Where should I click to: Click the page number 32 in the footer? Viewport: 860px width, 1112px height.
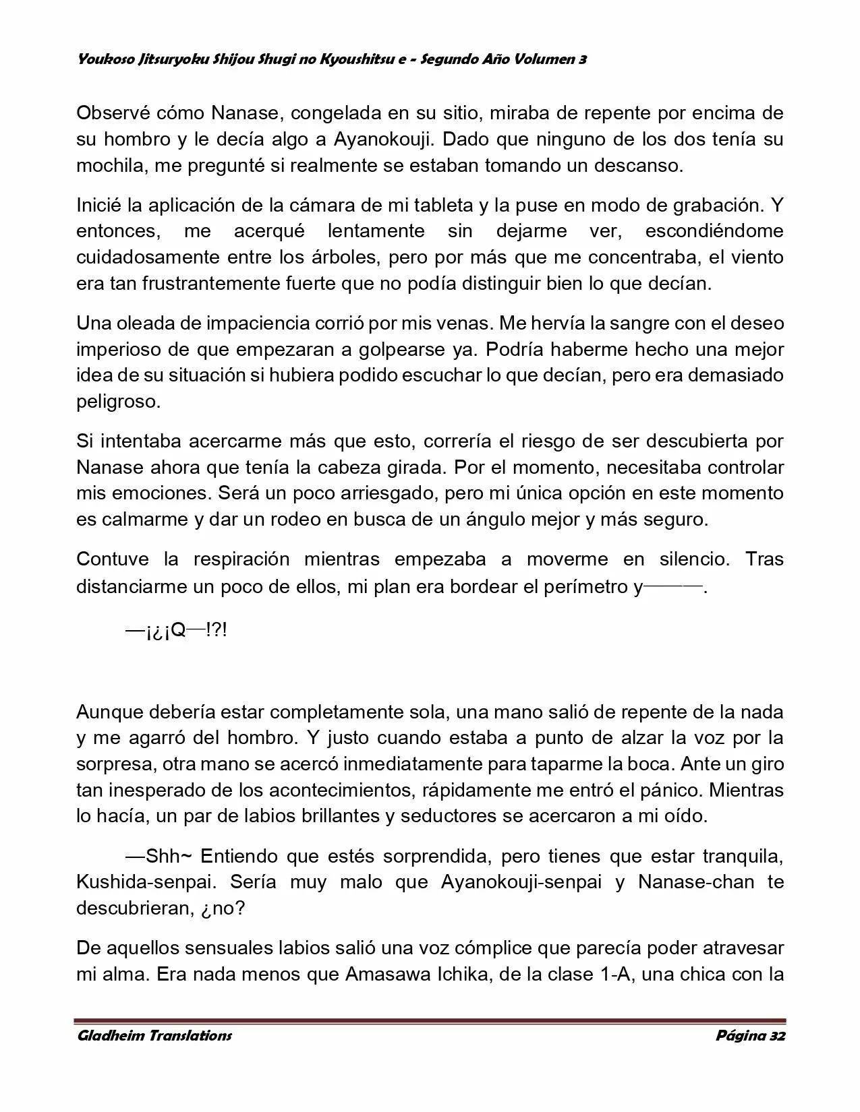coord(776,1036)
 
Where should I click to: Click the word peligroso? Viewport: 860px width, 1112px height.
coord(119,402)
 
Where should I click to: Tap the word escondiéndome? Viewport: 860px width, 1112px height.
coord(714,231)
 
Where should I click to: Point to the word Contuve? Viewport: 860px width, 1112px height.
coord(112,559)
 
